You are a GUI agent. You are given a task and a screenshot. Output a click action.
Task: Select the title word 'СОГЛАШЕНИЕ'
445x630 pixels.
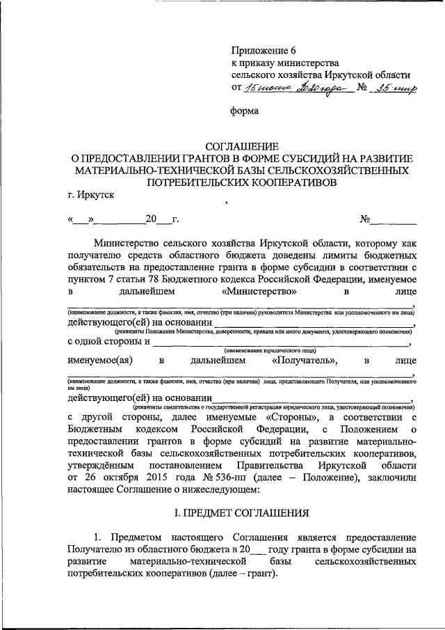241,146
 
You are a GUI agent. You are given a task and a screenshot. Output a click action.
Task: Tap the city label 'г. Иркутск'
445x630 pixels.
86,195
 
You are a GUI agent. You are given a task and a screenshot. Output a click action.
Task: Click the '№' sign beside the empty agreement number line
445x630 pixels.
364,220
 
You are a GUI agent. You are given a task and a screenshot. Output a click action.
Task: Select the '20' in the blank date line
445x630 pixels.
151,220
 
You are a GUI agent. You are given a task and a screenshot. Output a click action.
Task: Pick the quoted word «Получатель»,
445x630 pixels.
304,361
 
